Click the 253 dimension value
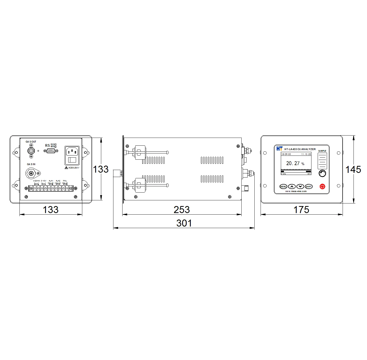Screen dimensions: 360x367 coord(182,210)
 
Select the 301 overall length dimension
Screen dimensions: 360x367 coord(184,223)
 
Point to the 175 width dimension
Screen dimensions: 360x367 coord(301,210)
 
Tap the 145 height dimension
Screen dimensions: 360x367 coord(353,170)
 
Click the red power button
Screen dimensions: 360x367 coord(322,186)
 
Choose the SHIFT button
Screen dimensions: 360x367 coord(309,187)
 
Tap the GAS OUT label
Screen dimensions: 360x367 coord(31,142)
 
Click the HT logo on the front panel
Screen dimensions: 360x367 coord(279,149)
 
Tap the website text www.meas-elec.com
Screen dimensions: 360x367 coord(296,192)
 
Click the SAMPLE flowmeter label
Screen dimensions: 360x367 coord(322,151)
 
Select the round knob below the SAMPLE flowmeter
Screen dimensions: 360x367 coord(322,173)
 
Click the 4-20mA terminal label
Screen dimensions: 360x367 coord(36,181)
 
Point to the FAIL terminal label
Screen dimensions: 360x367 coord(65,181)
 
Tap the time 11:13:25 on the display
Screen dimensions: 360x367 coord(306,154)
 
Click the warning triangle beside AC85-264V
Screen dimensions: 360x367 coord(66,168)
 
